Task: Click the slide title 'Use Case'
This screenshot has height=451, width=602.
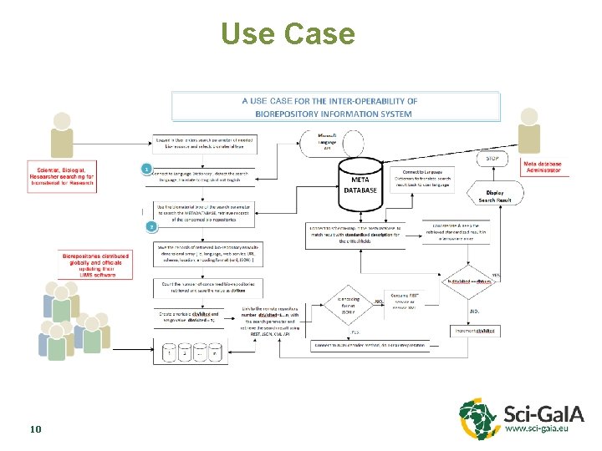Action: [288, 34]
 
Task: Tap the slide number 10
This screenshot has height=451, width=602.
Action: [35, 429]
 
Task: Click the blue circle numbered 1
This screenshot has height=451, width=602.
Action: [146, 169]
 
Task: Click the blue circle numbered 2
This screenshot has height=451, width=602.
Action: [151, 226]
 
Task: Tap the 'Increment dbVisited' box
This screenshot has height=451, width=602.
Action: [475, 332]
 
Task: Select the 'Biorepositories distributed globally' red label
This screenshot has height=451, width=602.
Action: [93, 266]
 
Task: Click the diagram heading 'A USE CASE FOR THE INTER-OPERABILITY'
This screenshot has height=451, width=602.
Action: [335, 107]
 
